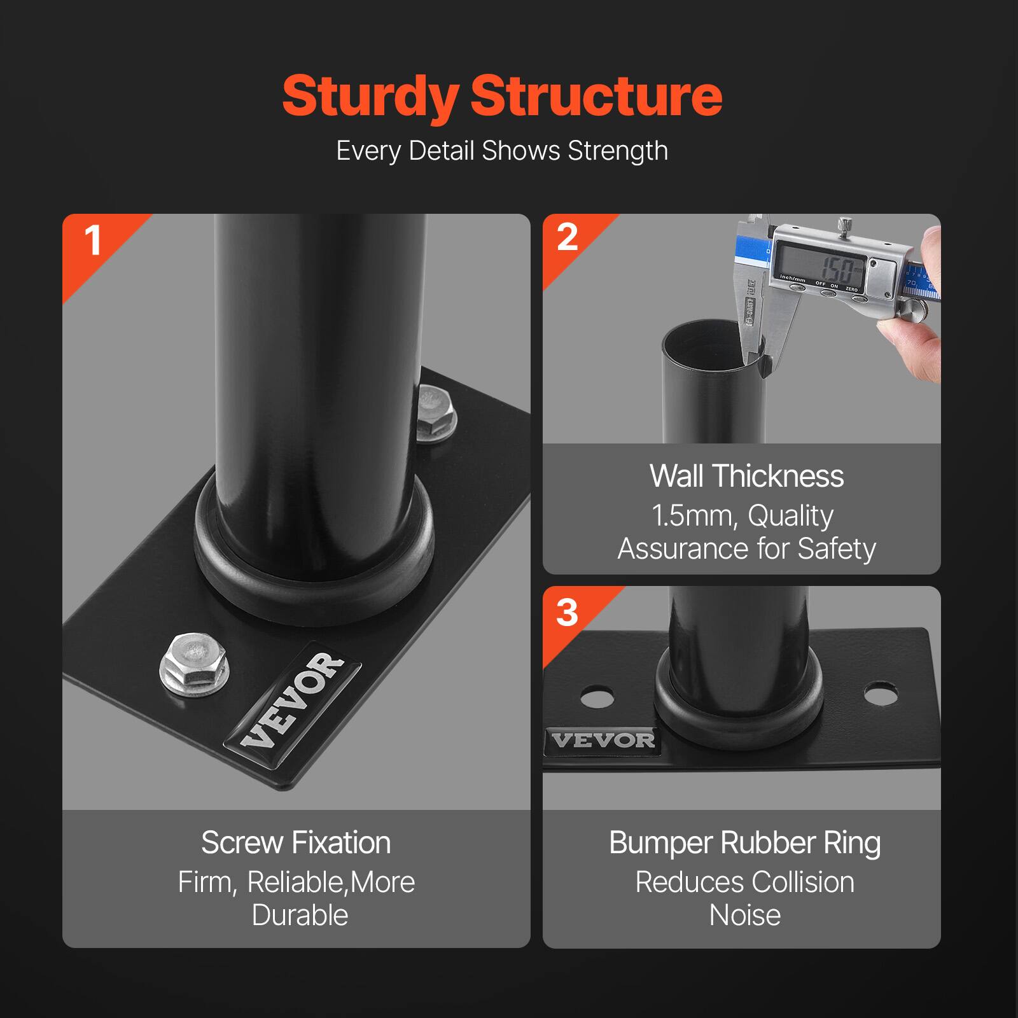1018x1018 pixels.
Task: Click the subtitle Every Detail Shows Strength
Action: point(502,151)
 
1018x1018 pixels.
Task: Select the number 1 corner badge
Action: point(93,242)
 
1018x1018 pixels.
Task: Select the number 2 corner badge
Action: point(566,238)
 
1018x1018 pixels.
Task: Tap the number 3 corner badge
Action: point(566,613)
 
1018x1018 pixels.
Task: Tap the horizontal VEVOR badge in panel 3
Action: point(603,740)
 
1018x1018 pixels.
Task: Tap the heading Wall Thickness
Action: point(746,476)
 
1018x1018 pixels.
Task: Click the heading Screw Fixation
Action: point(296,843)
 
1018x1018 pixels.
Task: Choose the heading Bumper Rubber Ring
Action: point(744,843)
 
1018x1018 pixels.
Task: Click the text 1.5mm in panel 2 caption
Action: point(693,515)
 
